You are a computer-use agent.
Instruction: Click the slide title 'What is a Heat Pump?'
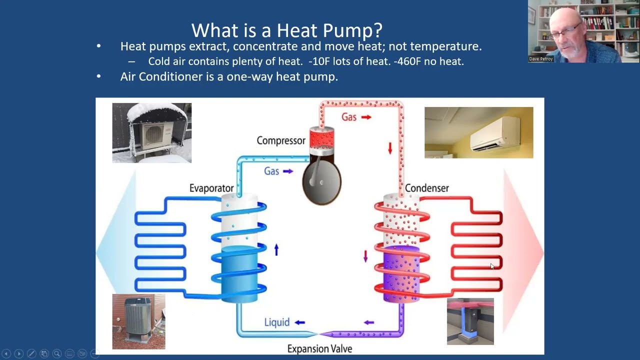pyautogui.click(x=286, y=30)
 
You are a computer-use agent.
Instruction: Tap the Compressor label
pyautogui.click(x=280, y=140)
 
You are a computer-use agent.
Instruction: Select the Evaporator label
pyautogui.click(x=211, y=188)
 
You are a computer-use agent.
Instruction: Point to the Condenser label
pyautogui.click(x=426, y=188)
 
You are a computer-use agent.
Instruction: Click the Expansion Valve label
pyautogui.click(x=319, y=348)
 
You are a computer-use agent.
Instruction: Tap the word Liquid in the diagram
pyautogui.click(x=277, y=322)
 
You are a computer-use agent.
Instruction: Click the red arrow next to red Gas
pyautogui.click(x=366, y=117)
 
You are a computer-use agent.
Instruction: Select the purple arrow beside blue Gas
pyautogui.click(x=288, y=171)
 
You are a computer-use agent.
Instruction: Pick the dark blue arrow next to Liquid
pyautogui.click(x=300, y=322)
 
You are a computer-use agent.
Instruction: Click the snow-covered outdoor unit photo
pyautogui.click(x=152, y=132)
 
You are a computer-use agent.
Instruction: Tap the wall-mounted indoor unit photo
pyautogui.click(x=478, y=132)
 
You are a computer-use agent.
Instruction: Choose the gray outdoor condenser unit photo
pyautogui.click(x=138, y=321)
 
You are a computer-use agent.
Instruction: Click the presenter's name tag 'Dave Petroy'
pyautogui.click(x=541, y=59)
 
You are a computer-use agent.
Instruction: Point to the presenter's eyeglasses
pyautogui.click(x=567, y=32)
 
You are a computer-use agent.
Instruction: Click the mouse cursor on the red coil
pyautogui.click(x=492, y=266)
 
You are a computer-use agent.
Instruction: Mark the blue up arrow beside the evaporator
pyautogui.click(x=276, y=249)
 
